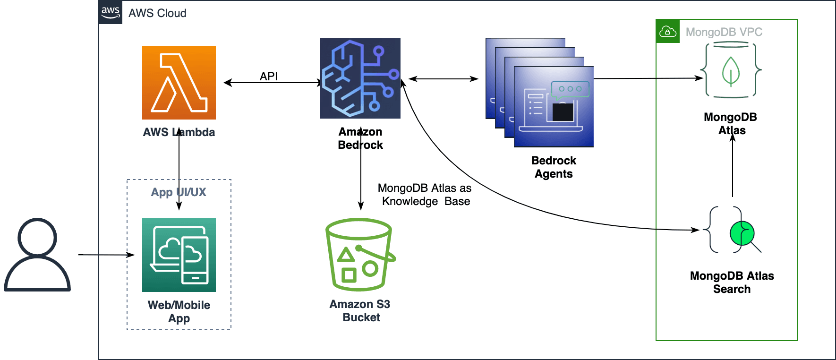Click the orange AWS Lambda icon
click(179, 83)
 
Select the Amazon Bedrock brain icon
click(360, 78)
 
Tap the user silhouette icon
click(37, 255)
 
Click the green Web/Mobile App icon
click(179, 255)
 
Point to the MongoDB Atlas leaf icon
click(731, 70)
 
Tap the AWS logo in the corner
click(111, 12)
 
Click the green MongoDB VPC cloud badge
click(668, 32)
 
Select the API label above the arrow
click(269, 76)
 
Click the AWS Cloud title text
click(157, 13)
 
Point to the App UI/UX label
click(179, 192)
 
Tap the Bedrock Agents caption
click(554, 167)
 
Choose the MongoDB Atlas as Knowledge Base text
click(425, 195)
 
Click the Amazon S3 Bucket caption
click(360, 311)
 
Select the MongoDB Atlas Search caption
click(732, 283)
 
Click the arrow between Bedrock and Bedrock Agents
click(443, 79)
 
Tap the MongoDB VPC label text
click(724, 32)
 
